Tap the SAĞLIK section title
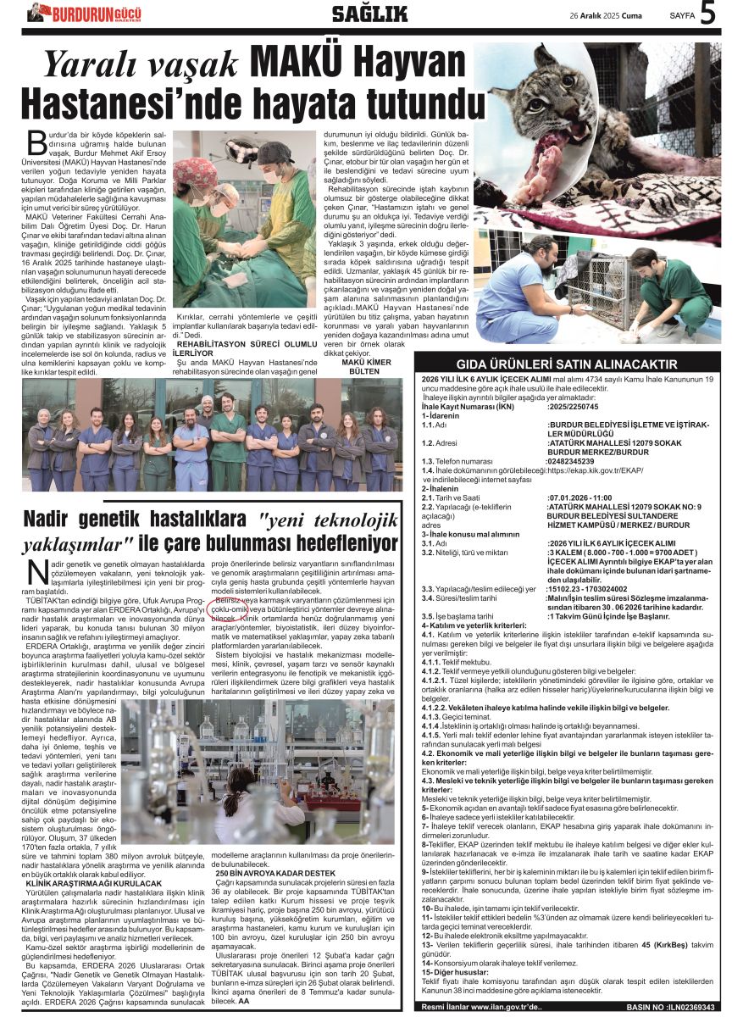pos(369,13)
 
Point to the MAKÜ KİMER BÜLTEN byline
pos(364,366)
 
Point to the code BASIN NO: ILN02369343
pos(674,1007)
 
